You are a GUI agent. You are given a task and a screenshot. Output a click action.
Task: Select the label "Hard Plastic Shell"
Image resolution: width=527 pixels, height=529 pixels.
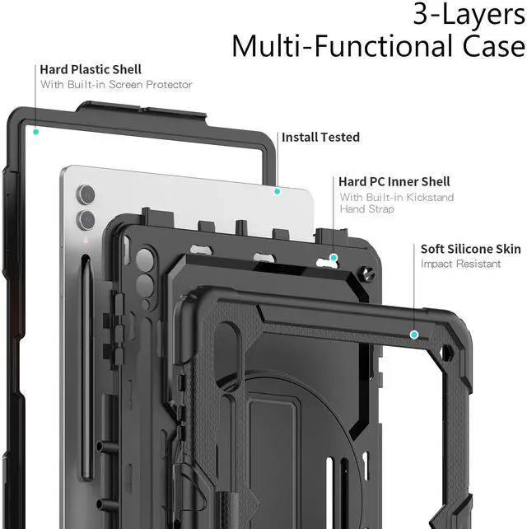point(91,69)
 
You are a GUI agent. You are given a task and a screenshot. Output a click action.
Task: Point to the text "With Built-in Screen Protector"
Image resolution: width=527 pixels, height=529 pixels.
point(116,84)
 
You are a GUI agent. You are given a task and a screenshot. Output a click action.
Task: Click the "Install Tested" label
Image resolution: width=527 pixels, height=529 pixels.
point(320,137)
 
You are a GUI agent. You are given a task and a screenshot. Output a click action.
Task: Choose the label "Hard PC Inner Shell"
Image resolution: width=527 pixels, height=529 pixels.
point(394,181)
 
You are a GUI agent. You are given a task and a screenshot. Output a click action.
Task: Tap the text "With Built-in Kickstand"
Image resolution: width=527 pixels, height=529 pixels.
point(397,197)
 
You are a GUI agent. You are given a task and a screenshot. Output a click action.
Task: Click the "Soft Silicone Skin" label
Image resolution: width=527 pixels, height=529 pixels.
point(471,248)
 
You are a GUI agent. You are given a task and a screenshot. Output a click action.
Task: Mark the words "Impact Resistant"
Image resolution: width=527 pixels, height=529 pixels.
point(460,264)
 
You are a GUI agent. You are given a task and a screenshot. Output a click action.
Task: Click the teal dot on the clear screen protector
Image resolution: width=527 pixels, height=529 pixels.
point(35,130)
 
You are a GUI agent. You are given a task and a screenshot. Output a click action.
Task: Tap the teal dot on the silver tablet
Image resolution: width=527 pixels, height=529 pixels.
point(277,191)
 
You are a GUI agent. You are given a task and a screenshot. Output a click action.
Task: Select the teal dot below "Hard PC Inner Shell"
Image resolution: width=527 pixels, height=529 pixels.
point(333,258)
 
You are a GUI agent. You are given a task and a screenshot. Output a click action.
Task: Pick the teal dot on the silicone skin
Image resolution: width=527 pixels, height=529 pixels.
point(414,335)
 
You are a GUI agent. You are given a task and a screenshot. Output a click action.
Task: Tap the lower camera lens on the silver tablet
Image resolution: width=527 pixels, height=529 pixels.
point(86,218)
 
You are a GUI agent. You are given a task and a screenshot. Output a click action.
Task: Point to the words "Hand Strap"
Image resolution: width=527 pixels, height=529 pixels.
point(366,209)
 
